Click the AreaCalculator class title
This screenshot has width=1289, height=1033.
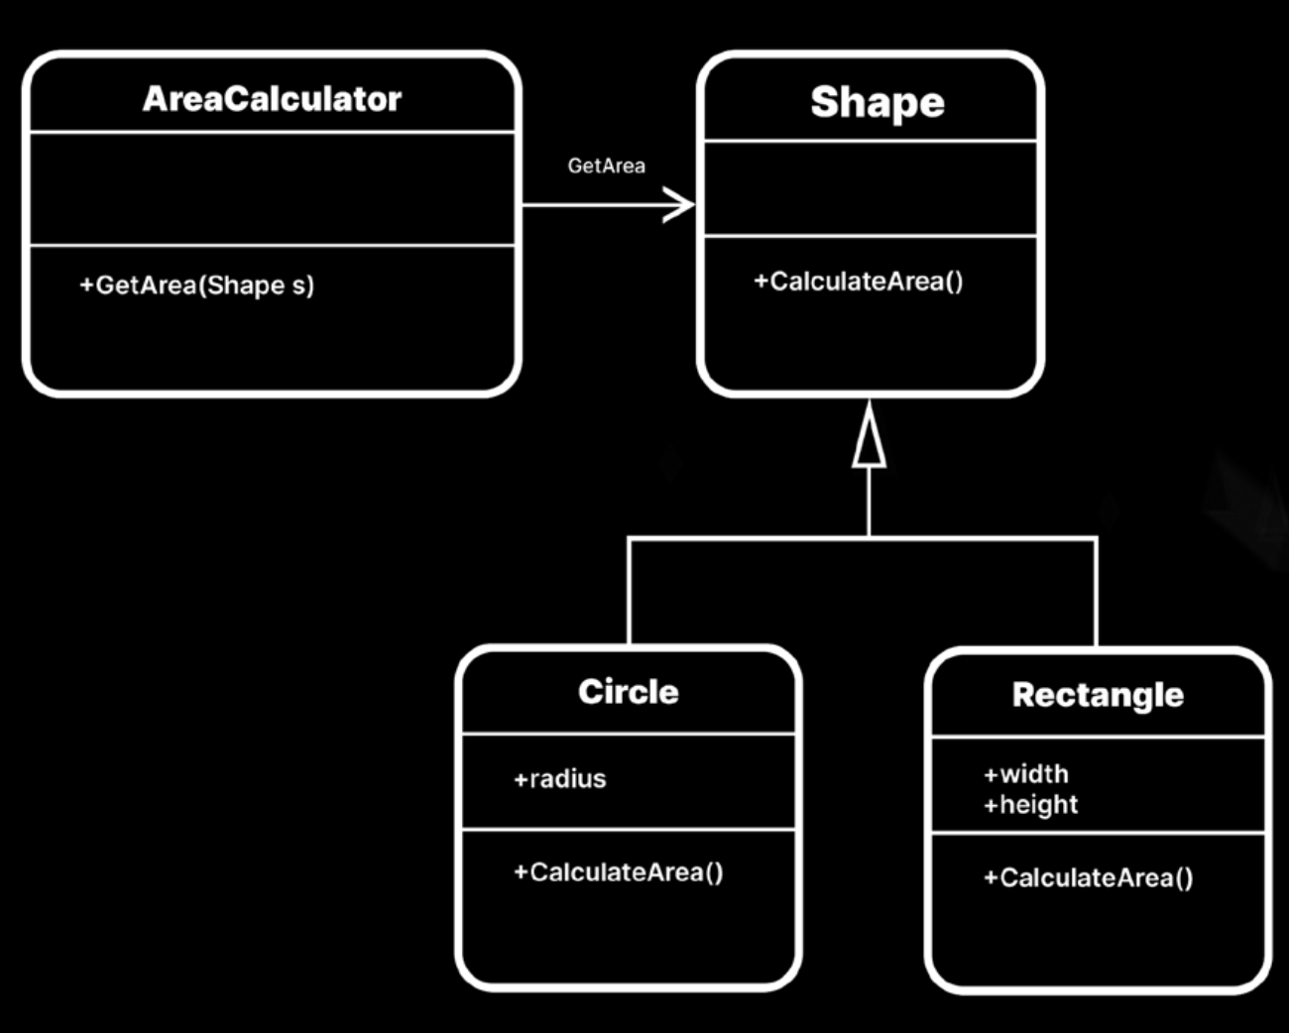[x=272, y=99]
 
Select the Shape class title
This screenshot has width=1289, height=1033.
[x=877, y=102]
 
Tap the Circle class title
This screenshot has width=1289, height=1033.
[x=628, y=692]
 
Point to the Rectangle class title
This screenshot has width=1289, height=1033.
[x=1098, y=695]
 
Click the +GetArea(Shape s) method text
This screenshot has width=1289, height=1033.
[x=196, y=286]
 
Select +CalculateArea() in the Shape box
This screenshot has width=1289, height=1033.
[x=858, y=282]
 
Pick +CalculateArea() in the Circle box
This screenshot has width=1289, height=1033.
[x=618, y=872]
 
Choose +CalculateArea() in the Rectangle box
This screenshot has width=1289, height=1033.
[x=1088, y=877]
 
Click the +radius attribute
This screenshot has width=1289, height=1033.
[x=559, y=779]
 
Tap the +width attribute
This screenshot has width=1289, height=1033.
[x=1025, y=773]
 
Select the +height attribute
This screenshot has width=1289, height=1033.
[x=1030, y=805]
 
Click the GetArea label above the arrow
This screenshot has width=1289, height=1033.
[x=606, y=166]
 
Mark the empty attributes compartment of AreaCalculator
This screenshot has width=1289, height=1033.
[x=272, y=188]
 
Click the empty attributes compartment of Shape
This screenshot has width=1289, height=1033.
[x=870, y=188]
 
